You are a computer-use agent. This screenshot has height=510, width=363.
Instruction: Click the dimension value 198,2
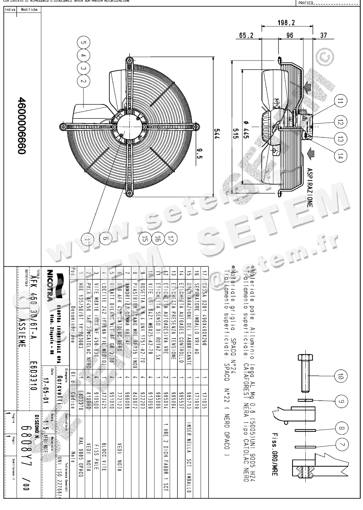pos(286,23)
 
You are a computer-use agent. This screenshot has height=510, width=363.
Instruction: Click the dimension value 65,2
pos(246,35)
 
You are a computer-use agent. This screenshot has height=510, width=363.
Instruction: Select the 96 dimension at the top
pos(289,35)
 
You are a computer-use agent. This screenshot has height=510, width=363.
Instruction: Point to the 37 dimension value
pos(323,35)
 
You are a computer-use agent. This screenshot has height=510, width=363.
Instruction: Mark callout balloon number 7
pos(342,445)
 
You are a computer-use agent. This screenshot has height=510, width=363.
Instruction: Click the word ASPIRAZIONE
pos(310,187)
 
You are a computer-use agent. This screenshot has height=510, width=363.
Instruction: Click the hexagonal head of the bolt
pos(305,358)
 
